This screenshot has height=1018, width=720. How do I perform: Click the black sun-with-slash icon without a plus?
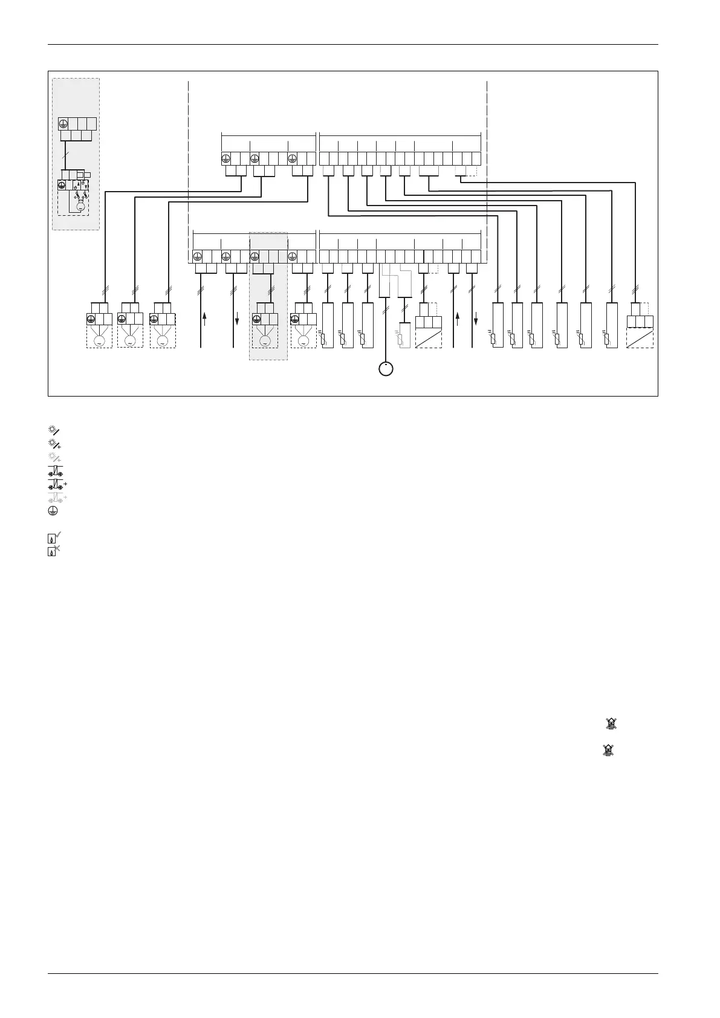[x=53, y=430]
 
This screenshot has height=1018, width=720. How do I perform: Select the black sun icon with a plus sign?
[x=54, y=443]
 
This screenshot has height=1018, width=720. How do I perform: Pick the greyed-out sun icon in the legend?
[x=54, y=457]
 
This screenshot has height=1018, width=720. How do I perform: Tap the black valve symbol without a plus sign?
[x=54, y=471]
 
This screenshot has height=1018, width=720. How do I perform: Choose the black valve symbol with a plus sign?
[x=56, y=484]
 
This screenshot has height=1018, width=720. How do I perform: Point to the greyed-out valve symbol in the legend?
[x=56, y=498]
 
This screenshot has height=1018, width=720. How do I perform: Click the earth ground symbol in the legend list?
[x=53, y=511]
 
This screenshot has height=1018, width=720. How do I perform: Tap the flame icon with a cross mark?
[x=54, y=550]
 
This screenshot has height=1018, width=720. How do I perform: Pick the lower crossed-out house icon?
[x=608, y=750]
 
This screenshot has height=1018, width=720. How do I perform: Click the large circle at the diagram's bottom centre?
[x=386, y=368]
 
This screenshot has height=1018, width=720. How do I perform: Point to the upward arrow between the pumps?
[x=205, y=319]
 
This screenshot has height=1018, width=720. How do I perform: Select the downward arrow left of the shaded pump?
[x=237, y=319]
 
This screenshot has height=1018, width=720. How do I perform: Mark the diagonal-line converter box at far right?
[x=640, y=337]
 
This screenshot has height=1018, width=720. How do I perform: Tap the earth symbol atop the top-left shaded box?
[x=63, y=124]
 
